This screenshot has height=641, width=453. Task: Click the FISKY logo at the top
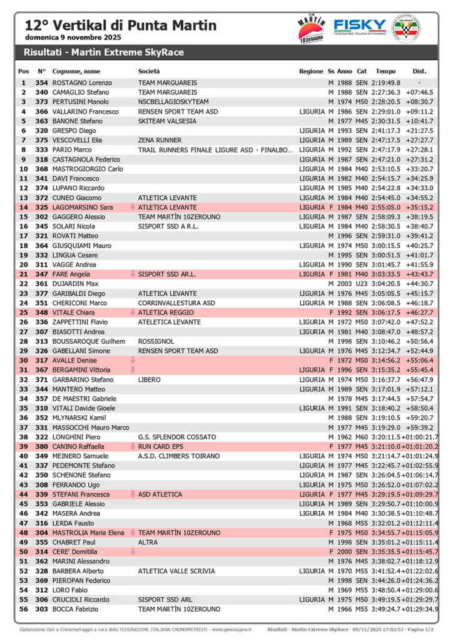click(x=360, y=26)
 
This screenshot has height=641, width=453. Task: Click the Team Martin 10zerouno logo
click(x=311, y=29)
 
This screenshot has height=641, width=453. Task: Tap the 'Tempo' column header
click(x=385, y=71)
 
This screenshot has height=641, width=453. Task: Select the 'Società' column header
click(x=149, y=71)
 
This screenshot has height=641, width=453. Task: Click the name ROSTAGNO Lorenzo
click(x=82, y=83)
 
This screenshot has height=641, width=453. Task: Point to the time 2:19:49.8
click(x=385, y=83)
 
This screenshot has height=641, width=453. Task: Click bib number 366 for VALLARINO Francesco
click(x=41, y=111)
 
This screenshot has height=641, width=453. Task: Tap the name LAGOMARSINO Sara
click(x=83, y=207)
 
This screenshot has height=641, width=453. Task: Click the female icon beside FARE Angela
click(x=133, y=274)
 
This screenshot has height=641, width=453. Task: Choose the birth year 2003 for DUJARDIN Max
click(x=344, y=284)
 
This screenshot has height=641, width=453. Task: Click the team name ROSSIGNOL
click(x=155, y=341)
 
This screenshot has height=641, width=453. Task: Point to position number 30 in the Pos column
click(x=24, y=361)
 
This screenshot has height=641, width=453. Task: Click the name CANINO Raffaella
click(x=78, y=446)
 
